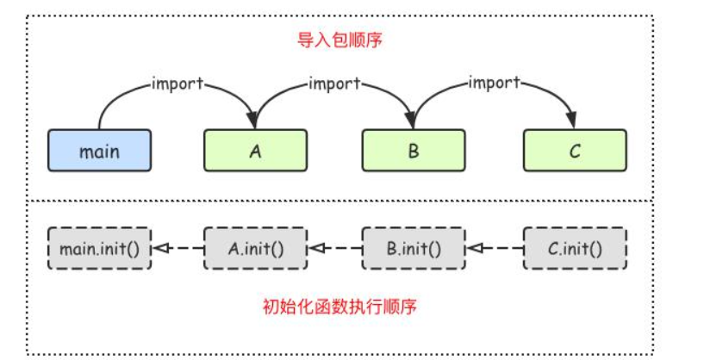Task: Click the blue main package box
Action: [99, 151]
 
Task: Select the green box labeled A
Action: [256, 151]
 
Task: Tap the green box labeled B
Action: [414, 151]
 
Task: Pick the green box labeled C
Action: [575, 151]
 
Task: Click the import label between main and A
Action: [178, 84]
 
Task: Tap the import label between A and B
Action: [334, 84]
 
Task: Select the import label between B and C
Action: [494, 84]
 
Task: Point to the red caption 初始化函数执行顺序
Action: [339, 306]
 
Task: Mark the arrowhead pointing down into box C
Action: [572, 121]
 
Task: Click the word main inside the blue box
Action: [99, 152]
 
